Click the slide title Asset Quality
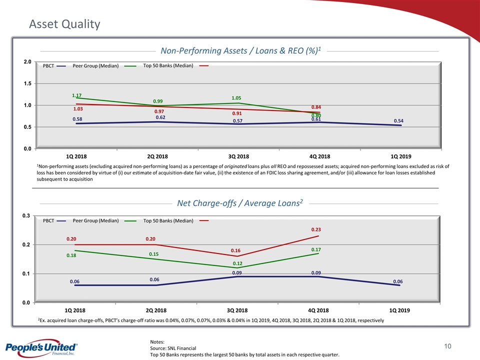64,24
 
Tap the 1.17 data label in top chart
76,95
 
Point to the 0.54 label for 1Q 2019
399,121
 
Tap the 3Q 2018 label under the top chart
237,156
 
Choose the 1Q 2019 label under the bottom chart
399,310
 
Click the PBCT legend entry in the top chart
48,66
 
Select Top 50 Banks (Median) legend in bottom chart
168,220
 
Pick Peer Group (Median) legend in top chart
95,66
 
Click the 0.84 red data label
316,107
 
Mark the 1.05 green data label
237,98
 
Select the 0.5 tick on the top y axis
27,127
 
